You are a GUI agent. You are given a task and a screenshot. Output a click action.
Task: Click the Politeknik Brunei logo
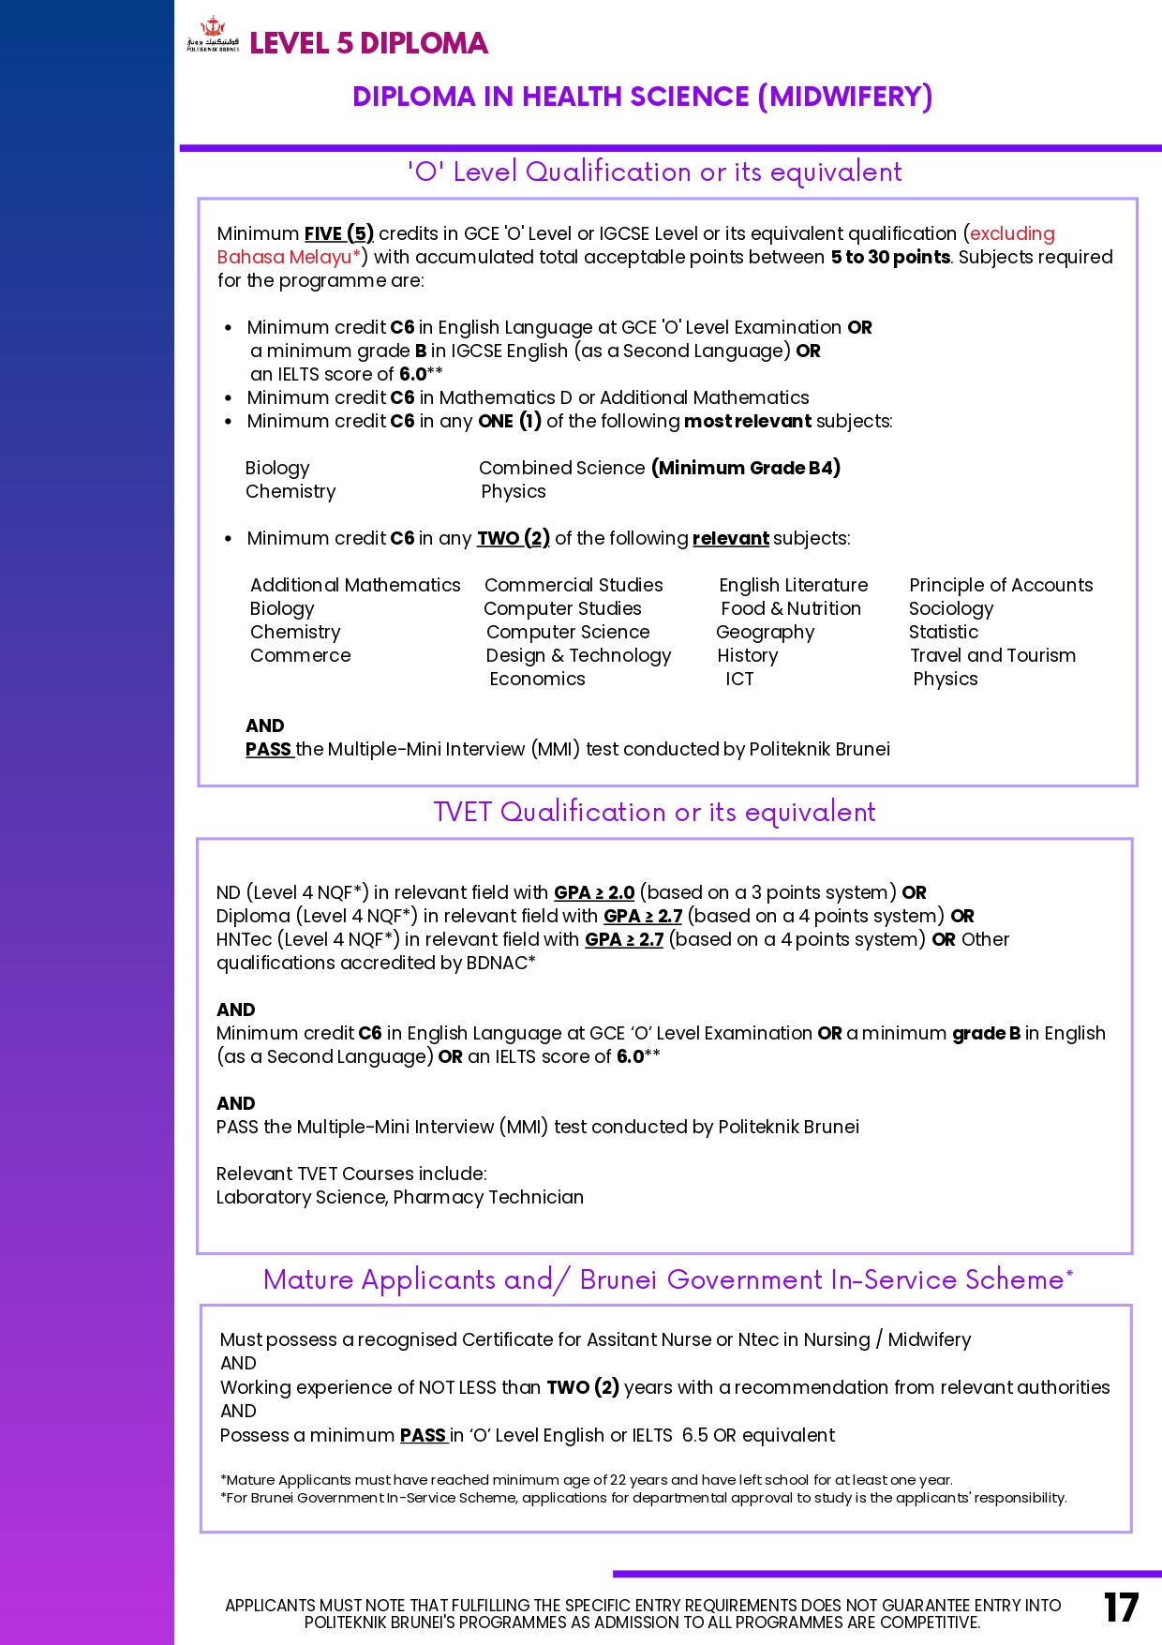(213, 35)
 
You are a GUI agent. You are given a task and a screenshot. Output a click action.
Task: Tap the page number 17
(1121, 1608)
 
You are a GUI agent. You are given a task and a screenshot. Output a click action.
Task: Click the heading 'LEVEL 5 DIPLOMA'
(368, 43)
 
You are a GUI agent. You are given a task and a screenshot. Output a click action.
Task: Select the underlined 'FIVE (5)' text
(338, 233)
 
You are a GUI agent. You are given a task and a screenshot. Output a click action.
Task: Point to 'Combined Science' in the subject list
(561, 468)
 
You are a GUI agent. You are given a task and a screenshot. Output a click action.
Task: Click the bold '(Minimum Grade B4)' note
(746, 468)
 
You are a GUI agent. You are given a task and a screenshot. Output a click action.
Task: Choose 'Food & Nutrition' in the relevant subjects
(790, 608)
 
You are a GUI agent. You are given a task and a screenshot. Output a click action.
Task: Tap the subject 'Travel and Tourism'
(992, 655)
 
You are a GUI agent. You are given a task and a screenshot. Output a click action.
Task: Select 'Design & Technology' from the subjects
(578, 655)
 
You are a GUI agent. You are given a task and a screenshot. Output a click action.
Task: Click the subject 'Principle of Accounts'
(1001, 585)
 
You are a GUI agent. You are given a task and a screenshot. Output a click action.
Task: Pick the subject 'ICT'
(739, 679)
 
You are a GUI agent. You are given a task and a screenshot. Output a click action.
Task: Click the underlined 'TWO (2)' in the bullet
(513, 538)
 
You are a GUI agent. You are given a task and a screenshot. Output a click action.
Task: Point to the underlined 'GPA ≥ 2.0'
(594, 892)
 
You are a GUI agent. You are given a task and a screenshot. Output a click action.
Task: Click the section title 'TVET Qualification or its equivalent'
(654, 812)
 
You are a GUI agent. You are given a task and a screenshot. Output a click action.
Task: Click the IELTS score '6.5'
(694, 1435)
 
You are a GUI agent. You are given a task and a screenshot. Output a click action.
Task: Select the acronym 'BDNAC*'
(500, 963)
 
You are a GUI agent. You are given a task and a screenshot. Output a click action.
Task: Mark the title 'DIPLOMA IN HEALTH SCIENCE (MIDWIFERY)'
(642, 97)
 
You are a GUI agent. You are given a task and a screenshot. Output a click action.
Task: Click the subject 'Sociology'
(950, 608)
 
